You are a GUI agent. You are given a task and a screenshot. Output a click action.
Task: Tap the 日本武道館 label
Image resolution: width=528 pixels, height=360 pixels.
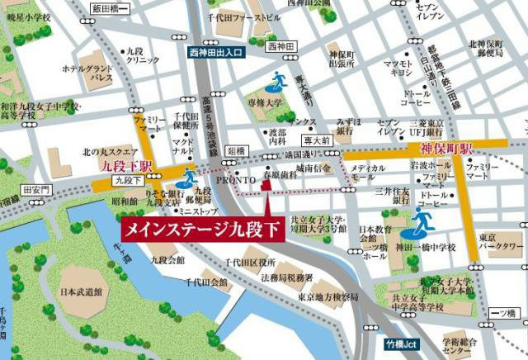(81, 293)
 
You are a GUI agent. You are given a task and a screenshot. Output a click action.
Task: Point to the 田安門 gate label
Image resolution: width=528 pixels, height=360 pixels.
(38, 190)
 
